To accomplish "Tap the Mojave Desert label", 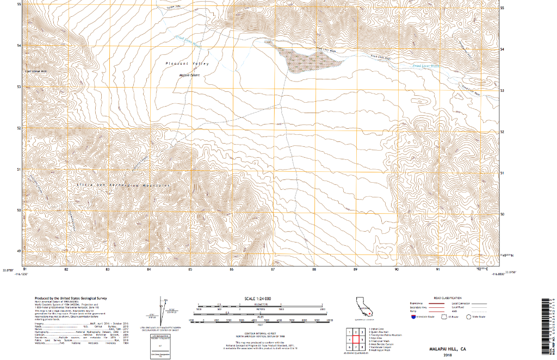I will click(x=190, y=76).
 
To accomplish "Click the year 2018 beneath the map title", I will click(x=447, y=355).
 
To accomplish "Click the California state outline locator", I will click(x=363, y=307).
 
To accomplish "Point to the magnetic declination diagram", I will click(x=162, y=310).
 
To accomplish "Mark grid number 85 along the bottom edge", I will click(x=190, y=269).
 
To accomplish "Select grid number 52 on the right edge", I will click(x=502, y=132).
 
